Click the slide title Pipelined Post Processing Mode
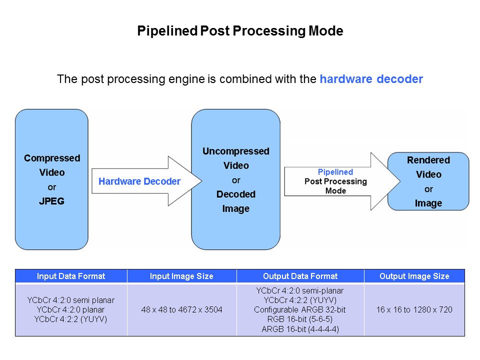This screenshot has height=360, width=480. coord(240,31)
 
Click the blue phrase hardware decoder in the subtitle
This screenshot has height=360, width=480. coord(371,79)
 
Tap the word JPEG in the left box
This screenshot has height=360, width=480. coord(51,201)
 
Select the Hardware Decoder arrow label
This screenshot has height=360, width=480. coord(139,181)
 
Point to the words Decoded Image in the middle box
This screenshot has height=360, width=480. coord(235,201)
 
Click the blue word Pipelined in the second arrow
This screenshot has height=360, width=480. coord(335,172)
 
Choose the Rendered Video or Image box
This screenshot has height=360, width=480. coord(428,181)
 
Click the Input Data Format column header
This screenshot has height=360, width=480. coord(71,276)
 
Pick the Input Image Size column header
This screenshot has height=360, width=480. coord(181,276)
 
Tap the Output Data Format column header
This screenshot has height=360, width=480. coord(300,276)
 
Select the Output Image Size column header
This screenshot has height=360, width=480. coord(414,276)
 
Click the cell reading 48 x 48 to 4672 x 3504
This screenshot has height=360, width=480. coord(181,310)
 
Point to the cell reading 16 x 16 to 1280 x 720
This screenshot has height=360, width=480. coord(414,310)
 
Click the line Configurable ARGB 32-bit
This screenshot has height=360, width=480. coord(300,310)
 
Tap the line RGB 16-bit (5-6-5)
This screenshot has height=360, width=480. coord(300,319)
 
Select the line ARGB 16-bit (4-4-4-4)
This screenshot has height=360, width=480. coord(300,329)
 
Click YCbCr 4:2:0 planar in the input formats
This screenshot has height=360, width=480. coord(70,310)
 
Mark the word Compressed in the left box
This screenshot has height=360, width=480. coord(52,158)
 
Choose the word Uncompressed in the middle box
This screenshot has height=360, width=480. coord(235,151)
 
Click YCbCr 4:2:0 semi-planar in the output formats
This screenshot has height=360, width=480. coord(300,290)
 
